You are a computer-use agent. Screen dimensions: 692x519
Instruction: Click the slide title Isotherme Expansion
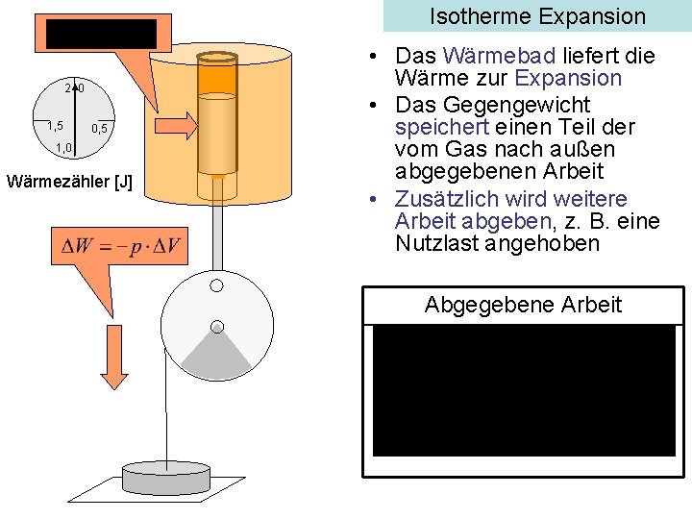[x=537, y=16]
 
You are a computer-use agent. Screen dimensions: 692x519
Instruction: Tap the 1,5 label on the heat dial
[x=56, y=126]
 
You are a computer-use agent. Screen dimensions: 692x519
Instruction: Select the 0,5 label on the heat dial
[x=101, y=129]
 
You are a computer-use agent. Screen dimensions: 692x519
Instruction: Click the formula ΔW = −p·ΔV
[x=121, y=246]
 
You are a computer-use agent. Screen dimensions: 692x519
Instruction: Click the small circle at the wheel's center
[x=217, y=326]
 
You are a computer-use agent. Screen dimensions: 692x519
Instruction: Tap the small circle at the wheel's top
[x=217, y=285]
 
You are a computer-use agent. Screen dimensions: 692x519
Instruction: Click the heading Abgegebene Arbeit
[x=523, y=305]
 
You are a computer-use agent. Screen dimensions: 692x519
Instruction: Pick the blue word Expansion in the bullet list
[x=569, y=79]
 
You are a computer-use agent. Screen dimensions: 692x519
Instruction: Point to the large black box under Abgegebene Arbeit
[x=523, y=390]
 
